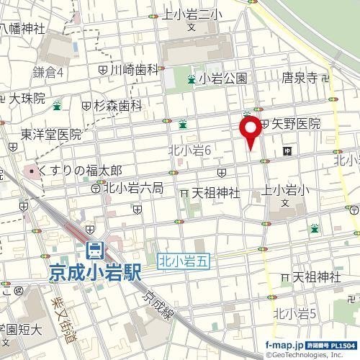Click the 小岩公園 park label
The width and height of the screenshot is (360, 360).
(224, 79)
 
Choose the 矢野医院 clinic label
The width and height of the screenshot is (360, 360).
(294, 124)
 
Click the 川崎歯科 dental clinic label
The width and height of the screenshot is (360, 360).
(133, 70)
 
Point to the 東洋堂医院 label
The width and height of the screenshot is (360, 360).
(51, 133)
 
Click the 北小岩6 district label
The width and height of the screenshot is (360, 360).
(188, 149)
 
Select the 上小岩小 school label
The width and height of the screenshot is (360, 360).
(286, 191)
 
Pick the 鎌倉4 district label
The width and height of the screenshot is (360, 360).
(50, 73)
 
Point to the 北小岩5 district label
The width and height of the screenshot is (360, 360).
(296, 312)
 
